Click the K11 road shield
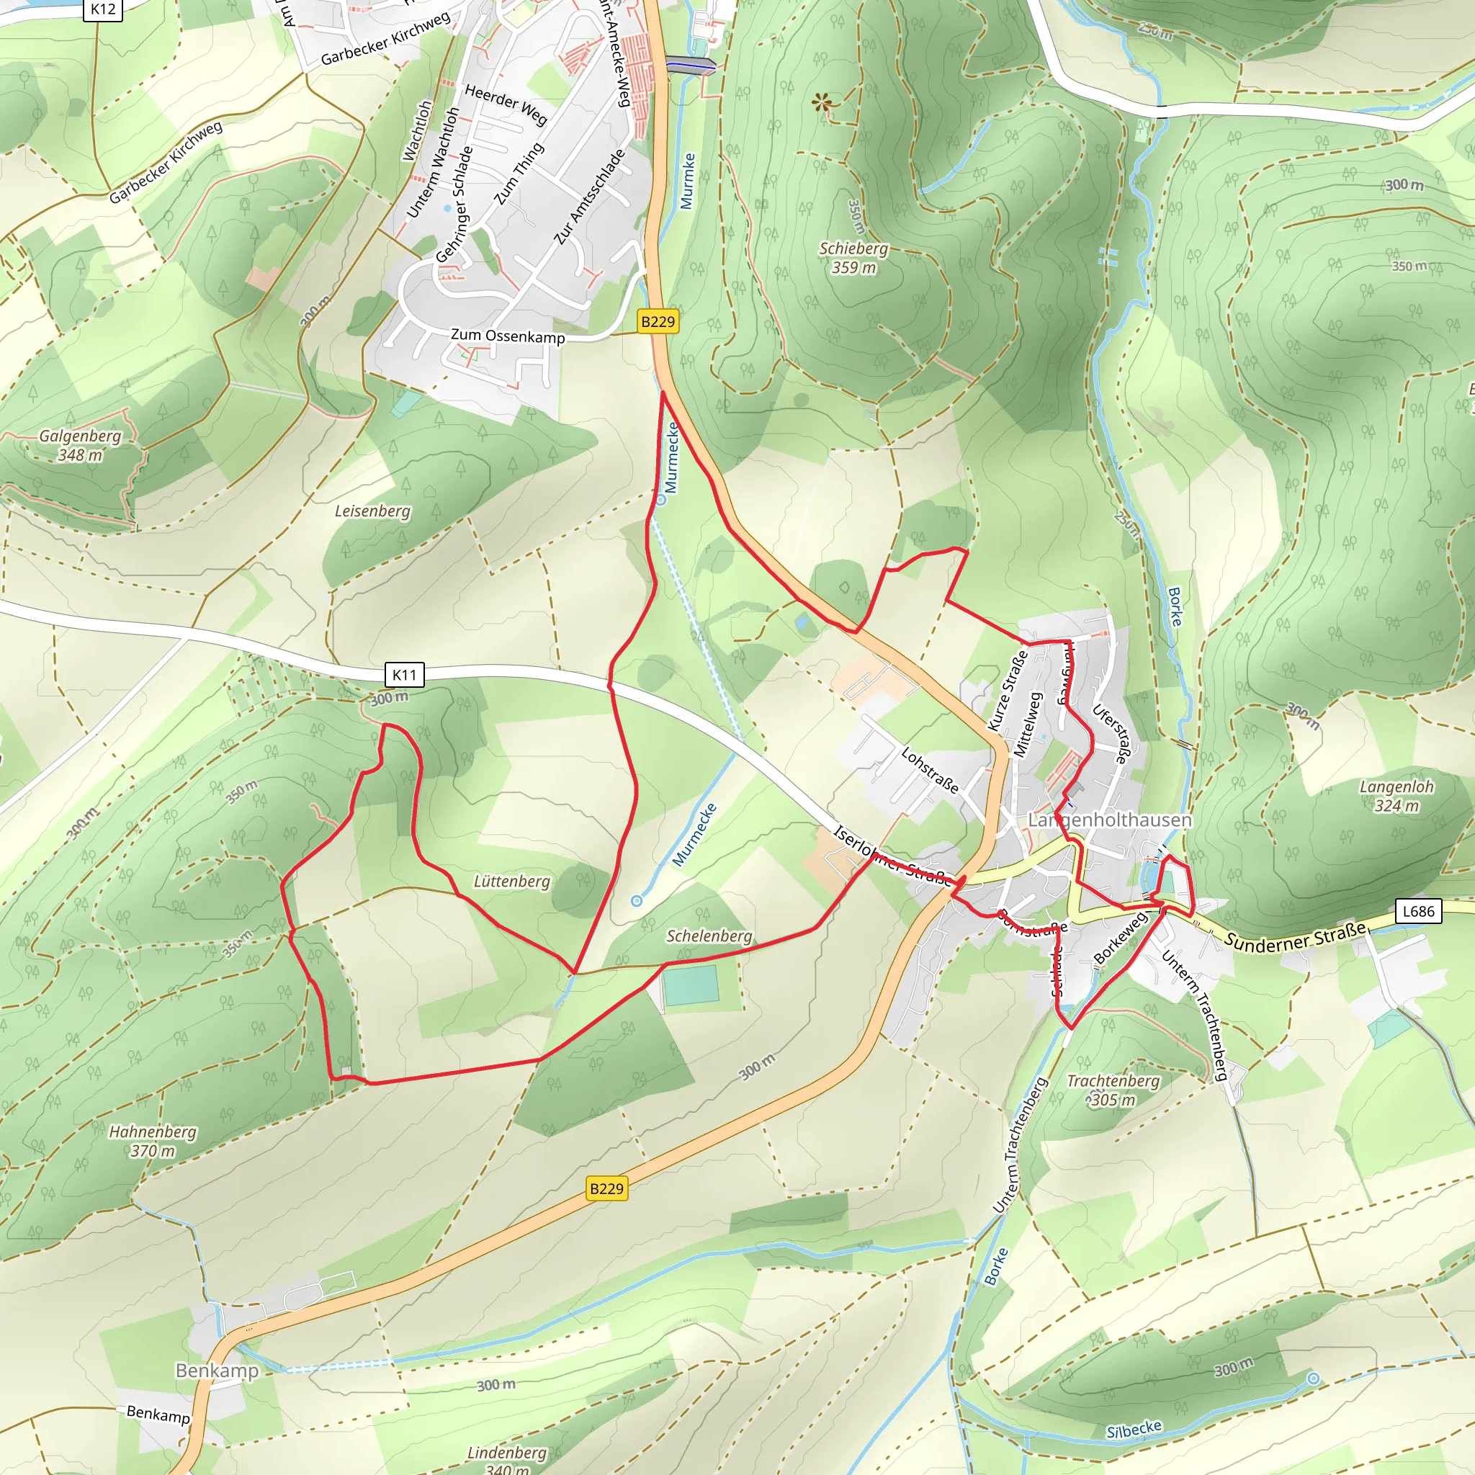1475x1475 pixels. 404,674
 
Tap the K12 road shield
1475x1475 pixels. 103,9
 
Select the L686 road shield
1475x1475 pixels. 1419,911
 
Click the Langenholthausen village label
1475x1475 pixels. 1109,820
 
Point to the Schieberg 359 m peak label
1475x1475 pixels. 853,258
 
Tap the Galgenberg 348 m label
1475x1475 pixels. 80,445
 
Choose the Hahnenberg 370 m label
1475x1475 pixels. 153,1141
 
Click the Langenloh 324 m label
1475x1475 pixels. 1396,796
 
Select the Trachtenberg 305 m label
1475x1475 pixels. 1112,1090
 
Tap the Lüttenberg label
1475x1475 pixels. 511,881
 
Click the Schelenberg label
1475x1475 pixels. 709,936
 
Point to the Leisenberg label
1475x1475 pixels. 372,511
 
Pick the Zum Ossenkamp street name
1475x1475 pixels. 508,336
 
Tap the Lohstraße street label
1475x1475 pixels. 929,770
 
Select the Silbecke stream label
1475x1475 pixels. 1134,1430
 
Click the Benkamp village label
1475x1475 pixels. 217,1371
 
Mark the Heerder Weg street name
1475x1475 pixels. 506,104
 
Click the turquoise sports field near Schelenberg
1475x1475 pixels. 691,985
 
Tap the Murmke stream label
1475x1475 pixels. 687,181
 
